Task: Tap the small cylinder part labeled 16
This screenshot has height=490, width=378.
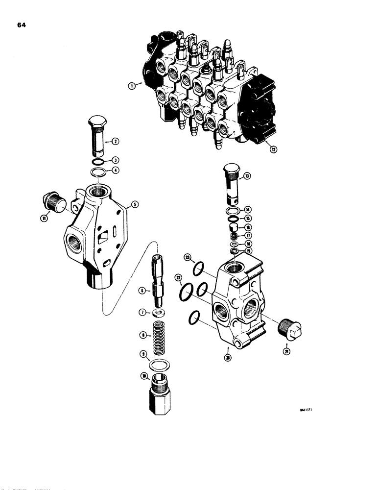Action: (x=233, y=227)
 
